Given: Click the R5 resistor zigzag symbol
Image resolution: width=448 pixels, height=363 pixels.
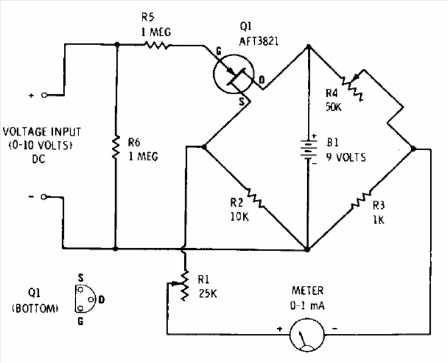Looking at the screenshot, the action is tap(157, 45).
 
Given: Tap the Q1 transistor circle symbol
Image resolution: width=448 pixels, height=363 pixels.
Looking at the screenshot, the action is tap(234, 74).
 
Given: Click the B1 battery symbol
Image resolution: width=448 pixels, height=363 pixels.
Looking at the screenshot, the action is tap(308, 149).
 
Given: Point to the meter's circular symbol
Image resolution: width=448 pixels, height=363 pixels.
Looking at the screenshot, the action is tap(307, 334).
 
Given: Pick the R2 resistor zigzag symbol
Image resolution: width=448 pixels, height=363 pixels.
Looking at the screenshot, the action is tap(254, 197).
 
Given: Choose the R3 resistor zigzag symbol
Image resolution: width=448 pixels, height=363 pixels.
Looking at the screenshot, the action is tap(361, 199).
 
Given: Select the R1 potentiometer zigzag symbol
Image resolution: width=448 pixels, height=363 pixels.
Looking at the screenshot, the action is tap(185, 285).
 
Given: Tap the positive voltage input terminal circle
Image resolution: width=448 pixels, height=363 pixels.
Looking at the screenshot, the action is tap(44, 95).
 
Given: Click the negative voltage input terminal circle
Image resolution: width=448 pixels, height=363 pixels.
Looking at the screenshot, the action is tap(43, 197).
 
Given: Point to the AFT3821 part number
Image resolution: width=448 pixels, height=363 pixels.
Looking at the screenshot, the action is tap(259, 42).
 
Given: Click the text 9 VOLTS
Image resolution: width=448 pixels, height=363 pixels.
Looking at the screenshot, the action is tap(347, 158).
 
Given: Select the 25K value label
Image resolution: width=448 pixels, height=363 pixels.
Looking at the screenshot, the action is tap(207, 293).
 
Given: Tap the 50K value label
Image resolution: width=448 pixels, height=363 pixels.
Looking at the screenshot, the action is tap(333, 107).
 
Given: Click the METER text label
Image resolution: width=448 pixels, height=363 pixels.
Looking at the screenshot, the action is tap(308, 291).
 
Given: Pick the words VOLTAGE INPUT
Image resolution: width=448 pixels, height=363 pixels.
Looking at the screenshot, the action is tap(42, 132).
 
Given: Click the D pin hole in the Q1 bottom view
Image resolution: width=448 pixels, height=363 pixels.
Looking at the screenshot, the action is tap(91, 300).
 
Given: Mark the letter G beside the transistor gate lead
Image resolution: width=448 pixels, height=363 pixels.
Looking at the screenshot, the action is tap(218, 51).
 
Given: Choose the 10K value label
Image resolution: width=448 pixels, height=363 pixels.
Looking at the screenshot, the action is tap(240, 217).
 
